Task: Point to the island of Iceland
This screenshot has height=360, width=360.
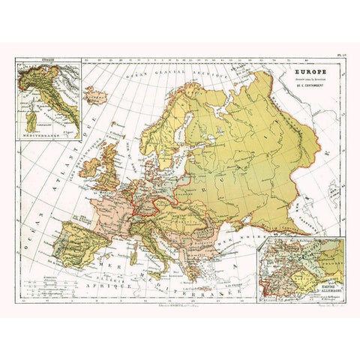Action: click(x=95, y=97)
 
